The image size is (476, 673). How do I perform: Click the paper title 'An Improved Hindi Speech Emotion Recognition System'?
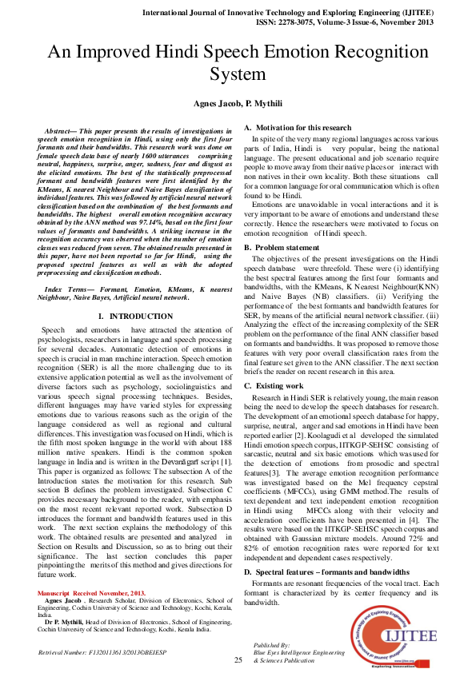238,63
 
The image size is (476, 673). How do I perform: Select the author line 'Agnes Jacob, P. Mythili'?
238,104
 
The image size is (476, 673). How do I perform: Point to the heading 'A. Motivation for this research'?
298,128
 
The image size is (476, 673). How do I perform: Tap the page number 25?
238,659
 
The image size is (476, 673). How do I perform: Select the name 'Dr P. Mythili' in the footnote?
62,620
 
